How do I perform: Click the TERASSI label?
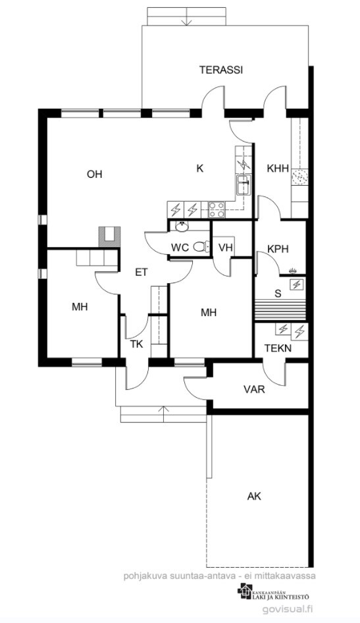[x=221, y=70]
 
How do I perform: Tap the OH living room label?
[x=95, y=174]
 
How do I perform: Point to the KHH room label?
[x=278, y=169]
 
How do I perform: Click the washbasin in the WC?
[x=182, y=227]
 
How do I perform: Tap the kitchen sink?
[x=244, y=185]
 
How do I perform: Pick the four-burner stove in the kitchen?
[x=217, y=210]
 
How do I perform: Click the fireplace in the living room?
[x=109, y=237]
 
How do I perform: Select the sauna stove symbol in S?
[x=297, y=284]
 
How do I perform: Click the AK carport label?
[x=255, y=496]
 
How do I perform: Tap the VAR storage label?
[x=255, y=389]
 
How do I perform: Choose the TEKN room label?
[x=278, y=348]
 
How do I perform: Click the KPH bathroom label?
[x=278, y=249]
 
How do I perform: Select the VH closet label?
[x=225, y=248]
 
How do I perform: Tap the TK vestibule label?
[x=136, y=344]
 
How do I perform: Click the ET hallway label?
[x=141, y=272]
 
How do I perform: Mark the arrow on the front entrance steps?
[x=163, y=414]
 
